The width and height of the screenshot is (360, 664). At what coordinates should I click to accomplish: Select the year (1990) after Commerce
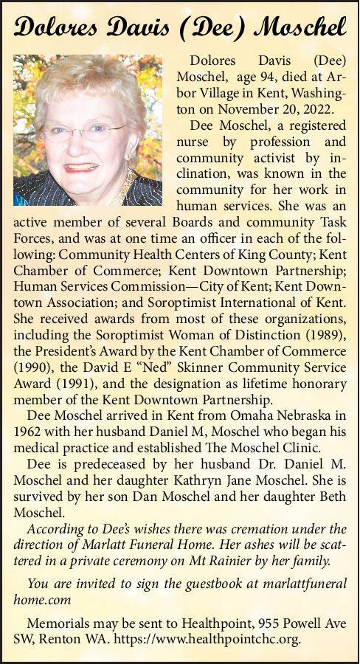tap(33, 367)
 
